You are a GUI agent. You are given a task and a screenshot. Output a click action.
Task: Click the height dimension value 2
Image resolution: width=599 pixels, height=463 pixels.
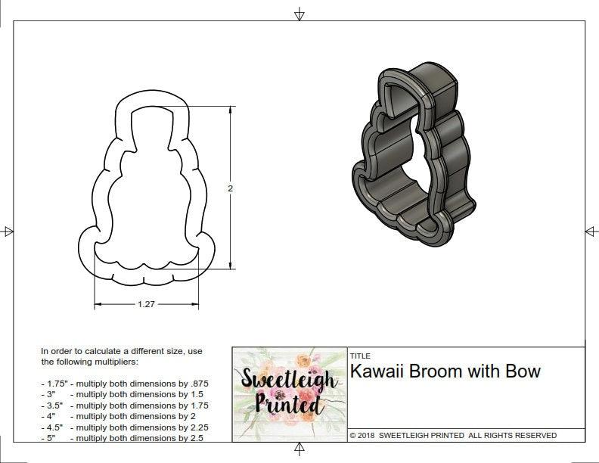(x=230, y=188)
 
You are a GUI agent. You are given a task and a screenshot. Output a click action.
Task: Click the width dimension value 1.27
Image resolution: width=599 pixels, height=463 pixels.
(x=147, y=305)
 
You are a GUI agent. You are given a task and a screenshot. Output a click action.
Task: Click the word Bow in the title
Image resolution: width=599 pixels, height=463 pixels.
(x=526, y=371)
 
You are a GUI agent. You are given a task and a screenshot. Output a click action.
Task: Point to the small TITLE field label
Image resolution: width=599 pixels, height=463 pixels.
(x=359, y=356)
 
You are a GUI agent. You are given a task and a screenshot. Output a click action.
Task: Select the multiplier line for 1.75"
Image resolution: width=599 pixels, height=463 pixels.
(x=125, y=384)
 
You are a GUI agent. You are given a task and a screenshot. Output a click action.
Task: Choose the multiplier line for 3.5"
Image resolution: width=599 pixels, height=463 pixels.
(x=125, y=406)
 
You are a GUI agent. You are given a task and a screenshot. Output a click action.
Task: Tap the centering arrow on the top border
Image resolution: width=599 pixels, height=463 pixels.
(x=299, y=14)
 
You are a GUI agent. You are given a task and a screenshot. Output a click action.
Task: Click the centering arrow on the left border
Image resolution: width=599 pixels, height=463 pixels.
(x=8, y=231)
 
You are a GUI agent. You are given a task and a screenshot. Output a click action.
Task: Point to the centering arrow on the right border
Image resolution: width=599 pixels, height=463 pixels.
(x=591, y=231)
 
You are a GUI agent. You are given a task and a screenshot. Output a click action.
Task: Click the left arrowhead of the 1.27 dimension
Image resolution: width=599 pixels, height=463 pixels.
(x=97, y=305)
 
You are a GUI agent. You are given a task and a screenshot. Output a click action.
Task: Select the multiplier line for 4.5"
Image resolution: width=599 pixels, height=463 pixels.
(x=125, y=427)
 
